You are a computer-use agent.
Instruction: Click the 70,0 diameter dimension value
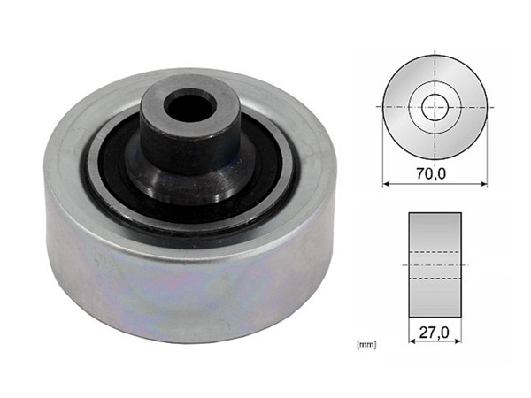coord(435,175)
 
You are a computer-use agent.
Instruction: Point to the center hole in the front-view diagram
coord(435,107)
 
